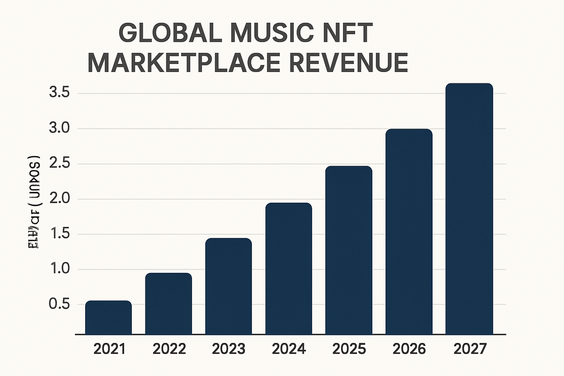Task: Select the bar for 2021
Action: tap(108, 318)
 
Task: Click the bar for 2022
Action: tap(169, 304)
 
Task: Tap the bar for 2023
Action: tap(228, 286)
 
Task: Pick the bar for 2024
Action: tap(289, 268)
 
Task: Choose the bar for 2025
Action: tap(349, 250)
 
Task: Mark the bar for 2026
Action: tap(409, 232)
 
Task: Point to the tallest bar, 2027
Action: tap(469, 209)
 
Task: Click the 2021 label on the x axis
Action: tap(109, 349)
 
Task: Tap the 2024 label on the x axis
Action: tap(289, 349)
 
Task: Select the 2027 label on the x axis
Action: tap(470, 349)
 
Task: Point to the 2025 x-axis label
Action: tap(349, 349)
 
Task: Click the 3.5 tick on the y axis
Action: tap(59, 93)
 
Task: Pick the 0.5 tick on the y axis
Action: tap(59, 304)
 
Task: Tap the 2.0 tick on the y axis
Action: tap(59, 199)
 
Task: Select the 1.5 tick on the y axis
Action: tap(59, 234)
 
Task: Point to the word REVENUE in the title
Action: tap(348, 63)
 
